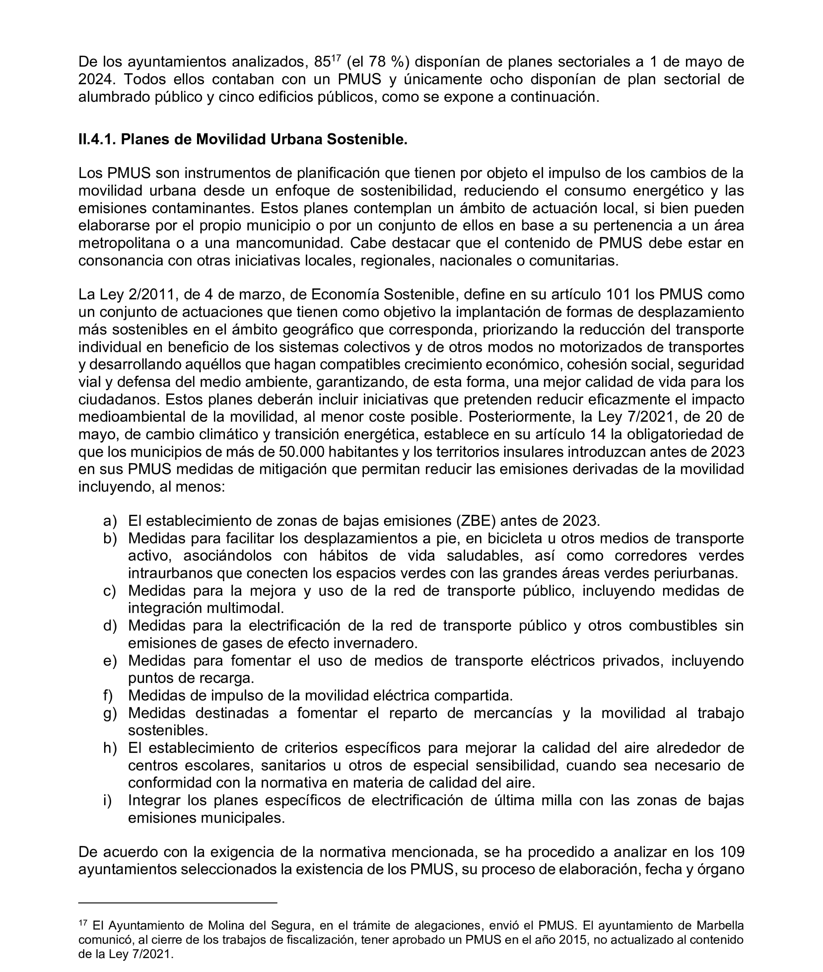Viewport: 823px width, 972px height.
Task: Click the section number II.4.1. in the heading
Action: click(x=98, y=139)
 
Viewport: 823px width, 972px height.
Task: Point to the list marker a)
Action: click(x=110, y=521)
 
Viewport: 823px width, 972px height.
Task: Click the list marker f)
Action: click(x=108, y=695)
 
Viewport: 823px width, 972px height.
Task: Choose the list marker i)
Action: click(x=107, y=800)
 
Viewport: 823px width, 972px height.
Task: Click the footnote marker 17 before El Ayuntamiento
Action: click(x=83, y=922)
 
